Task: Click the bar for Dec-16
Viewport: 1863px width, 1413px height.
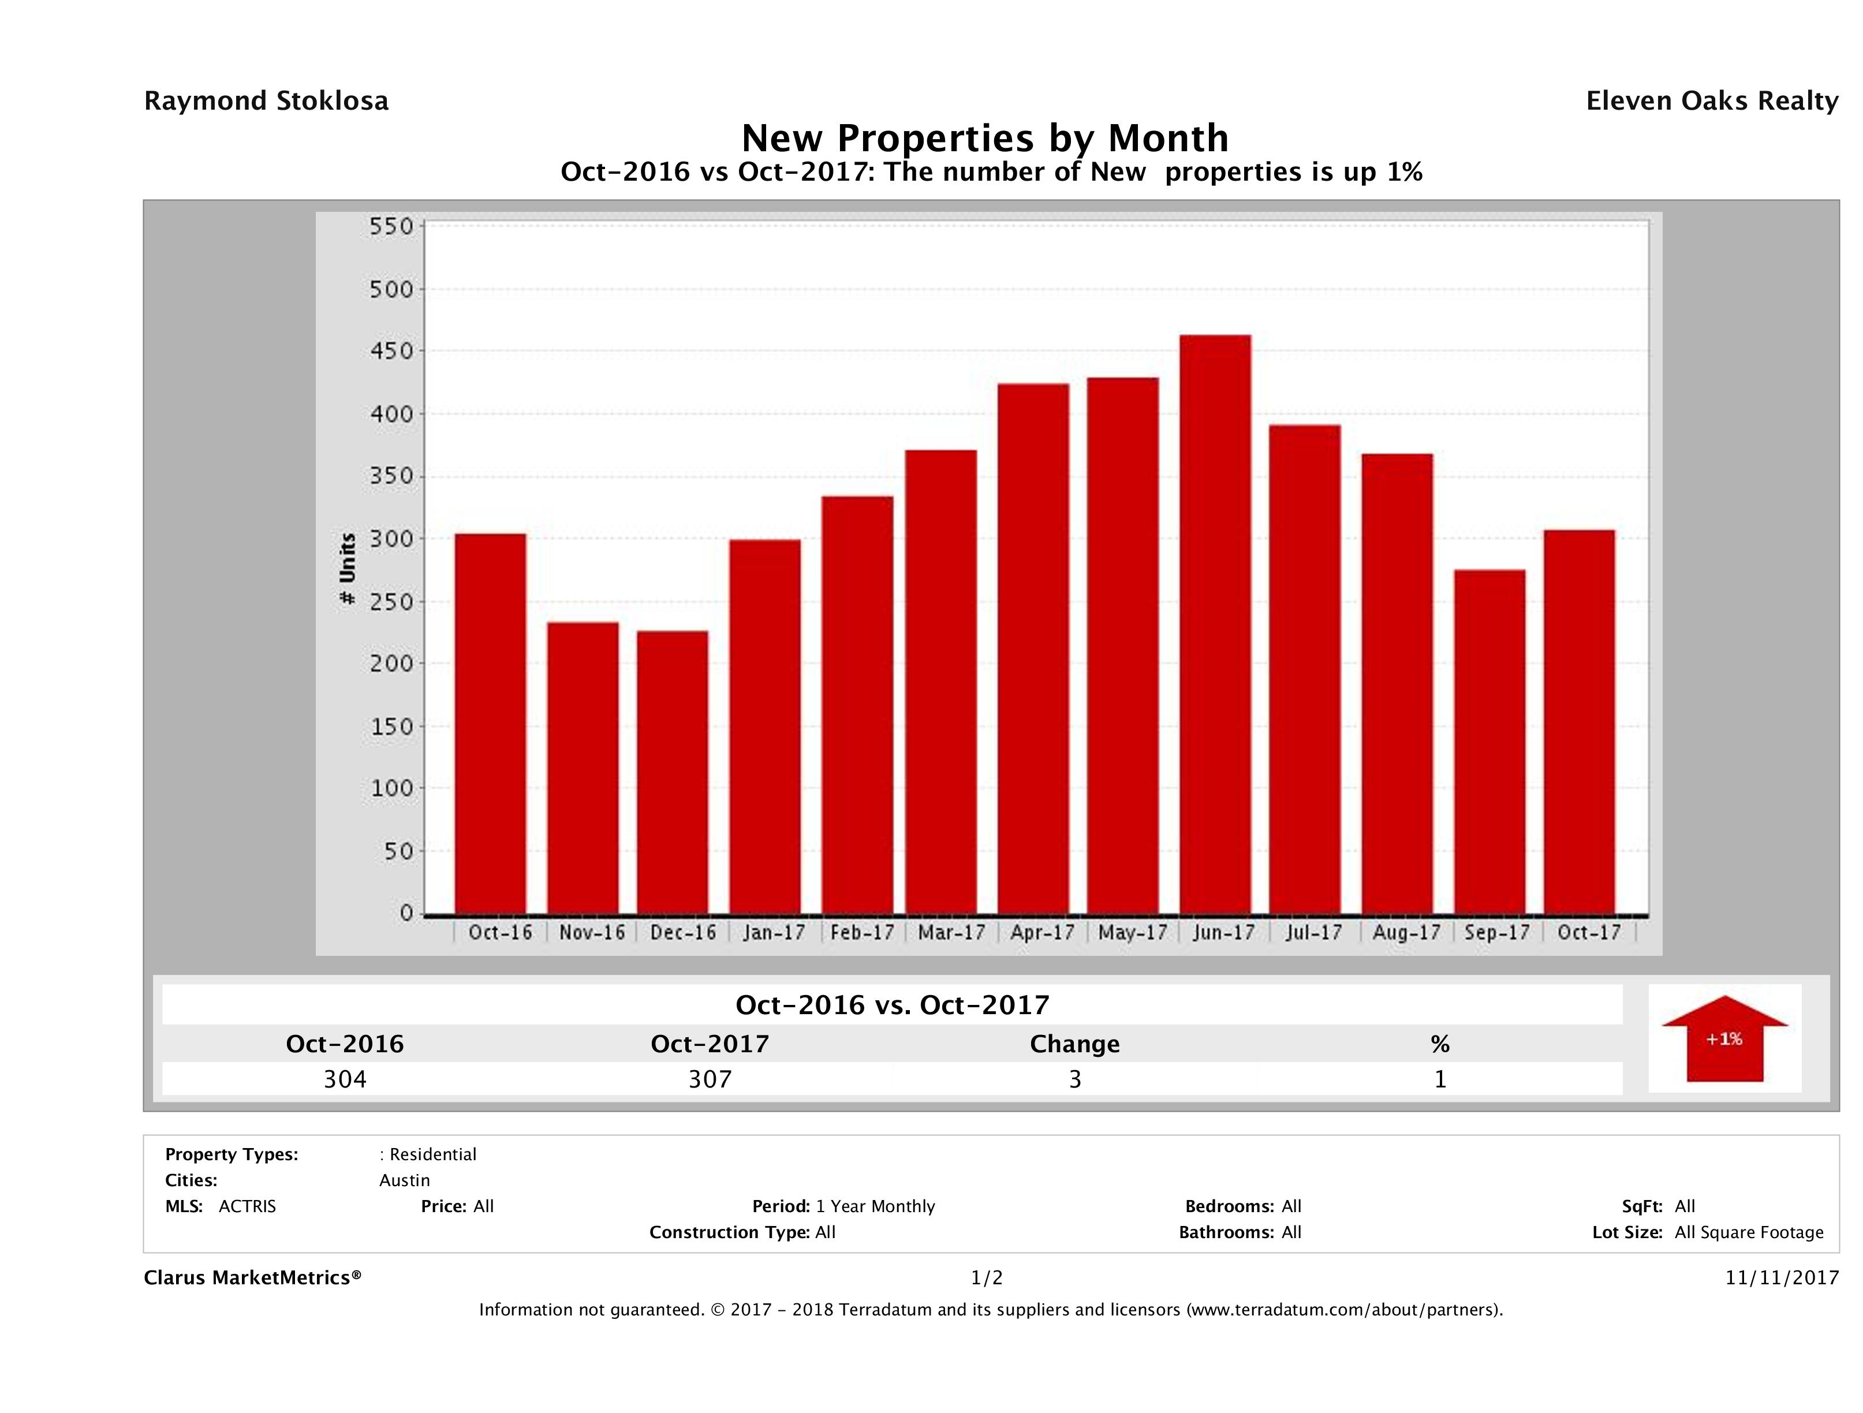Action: [672, 772]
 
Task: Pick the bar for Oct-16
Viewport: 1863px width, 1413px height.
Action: [490, 724]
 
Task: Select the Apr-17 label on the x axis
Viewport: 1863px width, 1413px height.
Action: [1043, 933]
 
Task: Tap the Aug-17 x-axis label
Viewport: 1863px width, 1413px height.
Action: [1406, 933]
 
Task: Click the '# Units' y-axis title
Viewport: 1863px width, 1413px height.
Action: [347, 569]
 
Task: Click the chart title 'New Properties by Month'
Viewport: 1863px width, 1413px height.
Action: [984, 138]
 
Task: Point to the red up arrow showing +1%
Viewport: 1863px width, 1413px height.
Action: [1724, 1038]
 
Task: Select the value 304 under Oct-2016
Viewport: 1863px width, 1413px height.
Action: [345, 1079]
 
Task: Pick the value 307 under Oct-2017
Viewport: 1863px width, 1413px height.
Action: [710, 1079]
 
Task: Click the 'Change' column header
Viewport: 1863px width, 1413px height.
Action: [1075, 1044]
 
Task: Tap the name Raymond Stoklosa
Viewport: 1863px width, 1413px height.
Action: [266, 101]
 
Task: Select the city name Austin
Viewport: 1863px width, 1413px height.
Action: [404, 1180]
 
